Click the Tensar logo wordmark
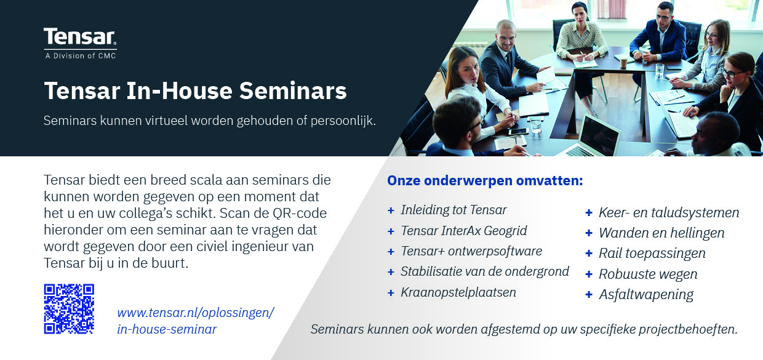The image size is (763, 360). click(80, 37)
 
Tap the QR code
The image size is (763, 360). click(69, 309)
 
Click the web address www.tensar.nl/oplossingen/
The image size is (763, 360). click(196, 313)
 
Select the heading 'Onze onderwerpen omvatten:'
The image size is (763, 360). click(485, 180)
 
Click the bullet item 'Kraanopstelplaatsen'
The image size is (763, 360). click(458, 292)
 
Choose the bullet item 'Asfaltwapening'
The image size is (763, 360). click(646, 295)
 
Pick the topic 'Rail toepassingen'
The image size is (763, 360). click(652, 254)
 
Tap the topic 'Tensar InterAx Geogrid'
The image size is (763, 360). click(463, 231)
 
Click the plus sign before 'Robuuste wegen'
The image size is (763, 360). click(589, 274)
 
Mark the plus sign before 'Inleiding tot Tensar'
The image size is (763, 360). click(391, 210)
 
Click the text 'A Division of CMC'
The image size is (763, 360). click(81, 56)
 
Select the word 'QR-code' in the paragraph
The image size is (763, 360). click(300, 213)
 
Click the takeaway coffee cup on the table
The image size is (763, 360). click(623, 62)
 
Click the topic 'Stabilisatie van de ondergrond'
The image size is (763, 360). click(485, 271)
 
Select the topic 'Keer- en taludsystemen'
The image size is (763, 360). click(669, 212)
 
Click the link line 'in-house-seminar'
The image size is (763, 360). click(167, 329)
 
